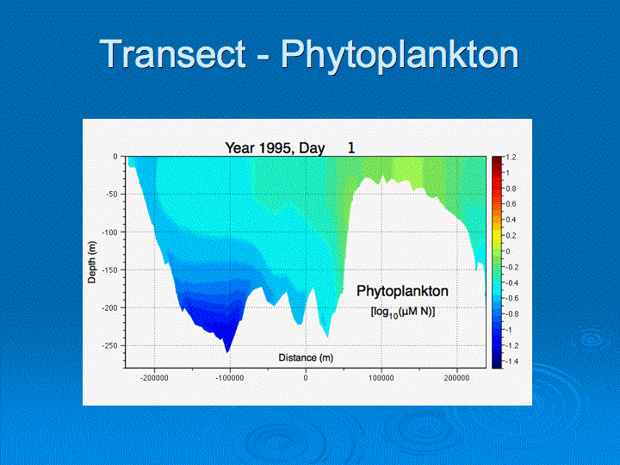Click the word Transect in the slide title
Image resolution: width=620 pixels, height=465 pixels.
tap(173, 53)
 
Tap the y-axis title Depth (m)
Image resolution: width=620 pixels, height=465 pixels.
tap(92, 262)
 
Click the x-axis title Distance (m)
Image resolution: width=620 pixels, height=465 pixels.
tap(306, 358)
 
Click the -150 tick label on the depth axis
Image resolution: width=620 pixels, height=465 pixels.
tap(110, 270)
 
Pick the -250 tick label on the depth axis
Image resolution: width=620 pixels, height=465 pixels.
tap(110, 345)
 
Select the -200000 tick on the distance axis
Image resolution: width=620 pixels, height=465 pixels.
tap(154, 378)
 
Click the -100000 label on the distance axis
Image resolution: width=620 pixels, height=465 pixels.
tap(230, 378)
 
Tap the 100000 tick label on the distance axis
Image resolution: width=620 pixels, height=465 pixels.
tap(381, 378)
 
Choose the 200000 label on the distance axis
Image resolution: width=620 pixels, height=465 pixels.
tap(456, 378)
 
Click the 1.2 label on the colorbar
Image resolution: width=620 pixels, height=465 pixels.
tap(511, 158)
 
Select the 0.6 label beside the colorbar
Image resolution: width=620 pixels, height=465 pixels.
tap(511, 204)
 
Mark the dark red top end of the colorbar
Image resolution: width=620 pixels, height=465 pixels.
tap(497, 159)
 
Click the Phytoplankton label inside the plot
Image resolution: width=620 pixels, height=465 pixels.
tap(402, 291)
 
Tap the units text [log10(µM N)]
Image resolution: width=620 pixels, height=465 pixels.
tap(402, 312)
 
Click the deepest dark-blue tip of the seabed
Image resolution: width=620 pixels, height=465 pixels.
tap(227, 352)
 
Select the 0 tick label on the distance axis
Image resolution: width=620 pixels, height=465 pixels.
tap(306, 378)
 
